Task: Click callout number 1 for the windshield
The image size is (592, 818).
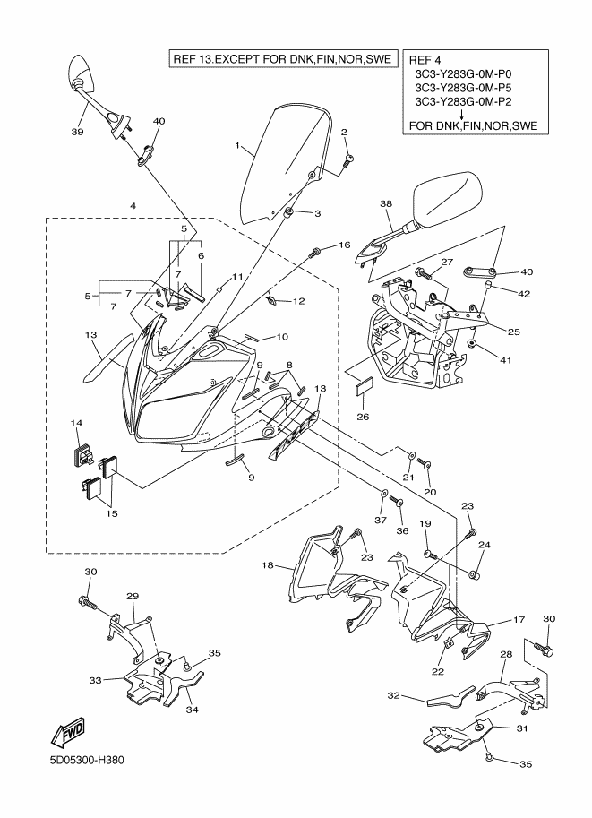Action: coord(237,145)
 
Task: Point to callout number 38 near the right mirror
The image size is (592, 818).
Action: coord(387,204)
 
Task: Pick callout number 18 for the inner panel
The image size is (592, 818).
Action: coord(266,566)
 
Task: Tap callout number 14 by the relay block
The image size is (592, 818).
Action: coord(77,422)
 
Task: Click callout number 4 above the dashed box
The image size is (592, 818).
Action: coord(133,205)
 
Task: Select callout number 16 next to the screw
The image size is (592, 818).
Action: coord(344,245)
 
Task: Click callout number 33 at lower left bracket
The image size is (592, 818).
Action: coord(94,681)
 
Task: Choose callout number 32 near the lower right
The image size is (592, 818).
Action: coord(393,695)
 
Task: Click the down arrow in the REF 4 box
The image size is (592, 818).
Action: coord(460,116)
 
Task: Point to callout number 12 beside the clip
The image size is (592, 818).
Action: coord(299,301)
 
